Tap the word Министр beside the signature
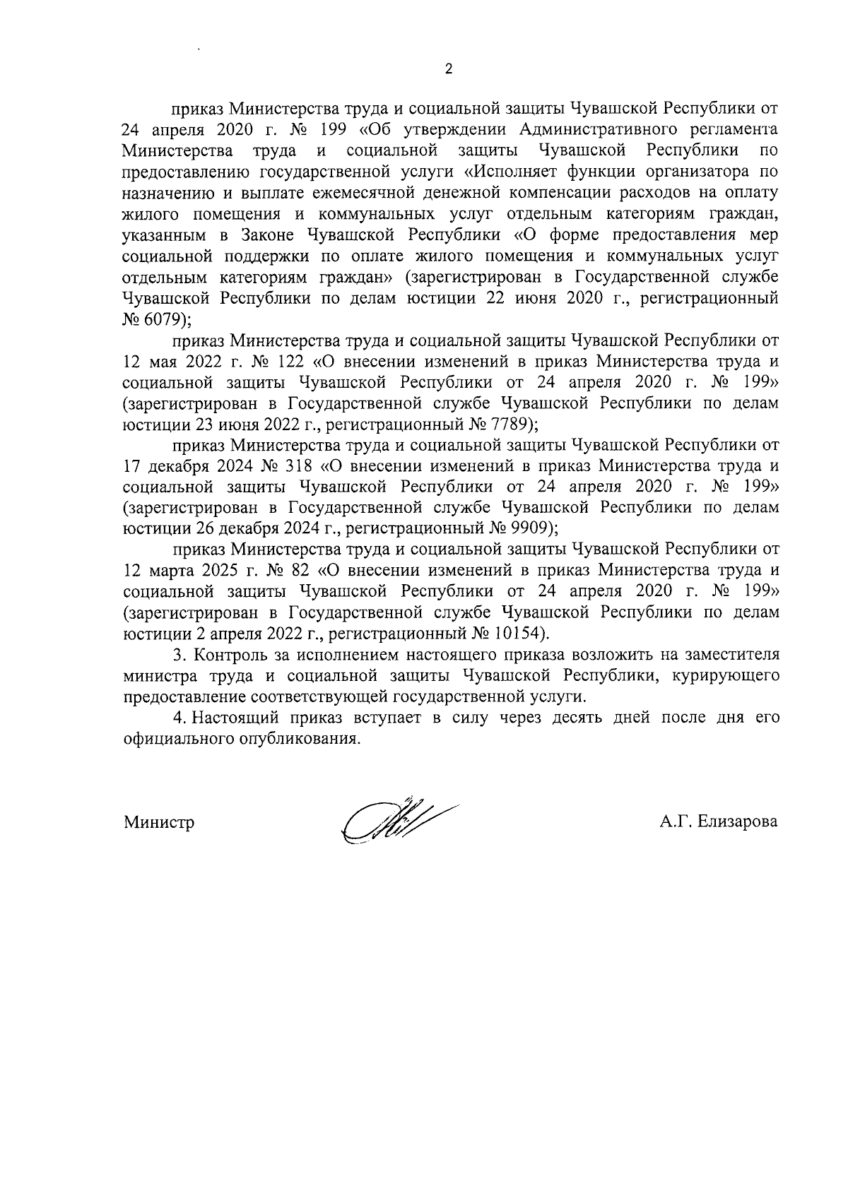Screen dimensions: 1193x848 (x=159, y=822)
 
